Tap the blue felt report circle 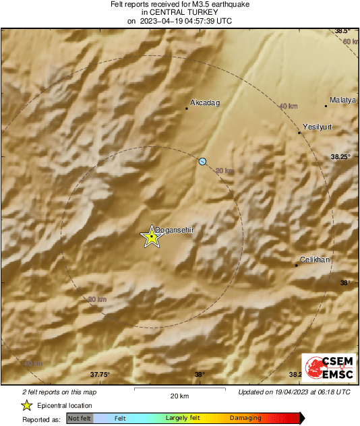[202, 161]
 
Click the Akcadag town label [205, 103]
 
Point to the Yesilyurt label [318, 127]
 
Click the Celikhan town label [315, 260]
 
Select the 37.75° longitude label [100, 375]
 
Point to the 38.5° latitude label [344, 31]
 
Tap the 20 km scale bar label [179, 395]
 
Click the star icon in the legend [26, 405]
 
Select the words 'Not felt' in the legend [80, 419]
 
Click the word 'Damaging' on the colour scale [245, 419]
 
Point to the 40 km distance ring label [288, 106]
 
